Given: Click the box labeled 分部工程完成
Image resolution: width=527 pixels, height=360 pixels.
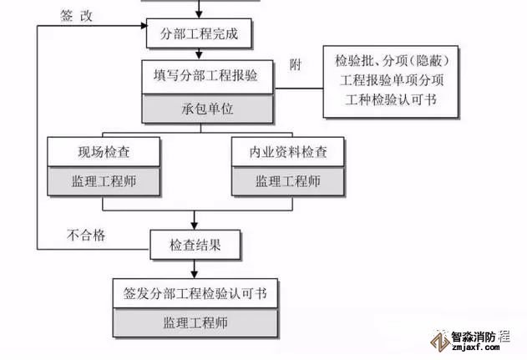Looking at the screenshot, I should click(197, 34).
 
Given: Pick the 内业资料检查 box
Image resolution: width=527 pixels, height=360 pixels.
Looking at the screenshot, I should click(288, 153).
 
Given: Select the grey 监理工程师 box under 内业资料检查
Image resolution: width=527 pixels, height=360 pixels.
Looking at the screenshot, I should click(288, 180).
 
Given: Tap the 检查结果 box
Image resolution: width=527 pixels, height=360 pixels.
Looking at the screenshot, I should click(195, 246).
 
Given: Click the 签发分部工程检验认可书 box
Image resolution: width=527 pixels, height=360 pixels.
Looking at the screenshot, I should click(195, 293).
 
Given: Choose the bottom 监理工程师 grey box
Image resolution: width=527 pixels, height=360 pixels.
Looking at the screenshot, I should click(195, 322).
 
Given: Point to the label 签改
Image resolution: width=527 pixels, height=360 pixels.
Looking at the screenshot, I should click(77, 15).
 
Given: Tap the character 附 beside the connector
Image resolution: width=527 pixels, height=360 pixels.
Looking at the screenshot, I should click(295, 65).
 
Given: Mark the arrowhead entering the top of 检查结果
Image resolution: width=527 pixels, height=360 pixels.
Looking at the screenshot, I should click(195, 227).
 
